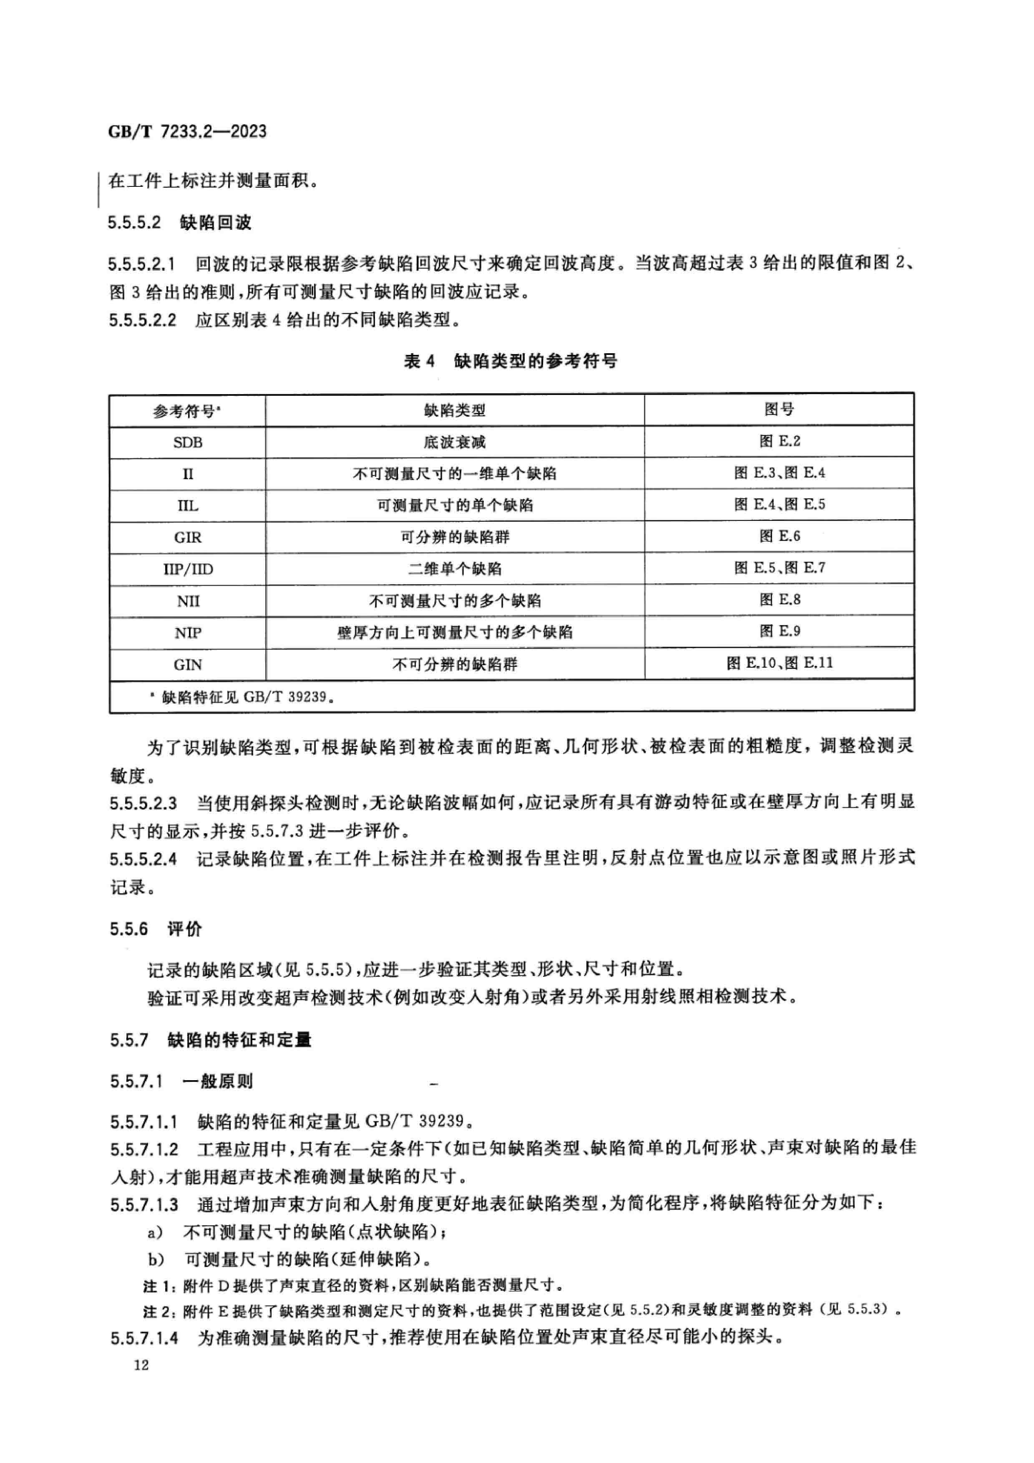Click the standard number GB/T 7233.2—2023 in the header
point(187,132)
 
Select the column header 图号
point(779,409)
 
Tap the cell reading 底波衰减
point(454,442)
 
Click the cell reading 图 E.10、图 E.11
point(779,664)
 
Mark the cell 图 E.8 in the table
point(779,600)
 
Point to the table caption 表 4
point(419,361)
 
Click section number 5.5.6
point(129,929)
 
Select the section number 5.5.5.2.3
point(143,803)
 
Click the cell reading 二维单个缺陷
point(454,569)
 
